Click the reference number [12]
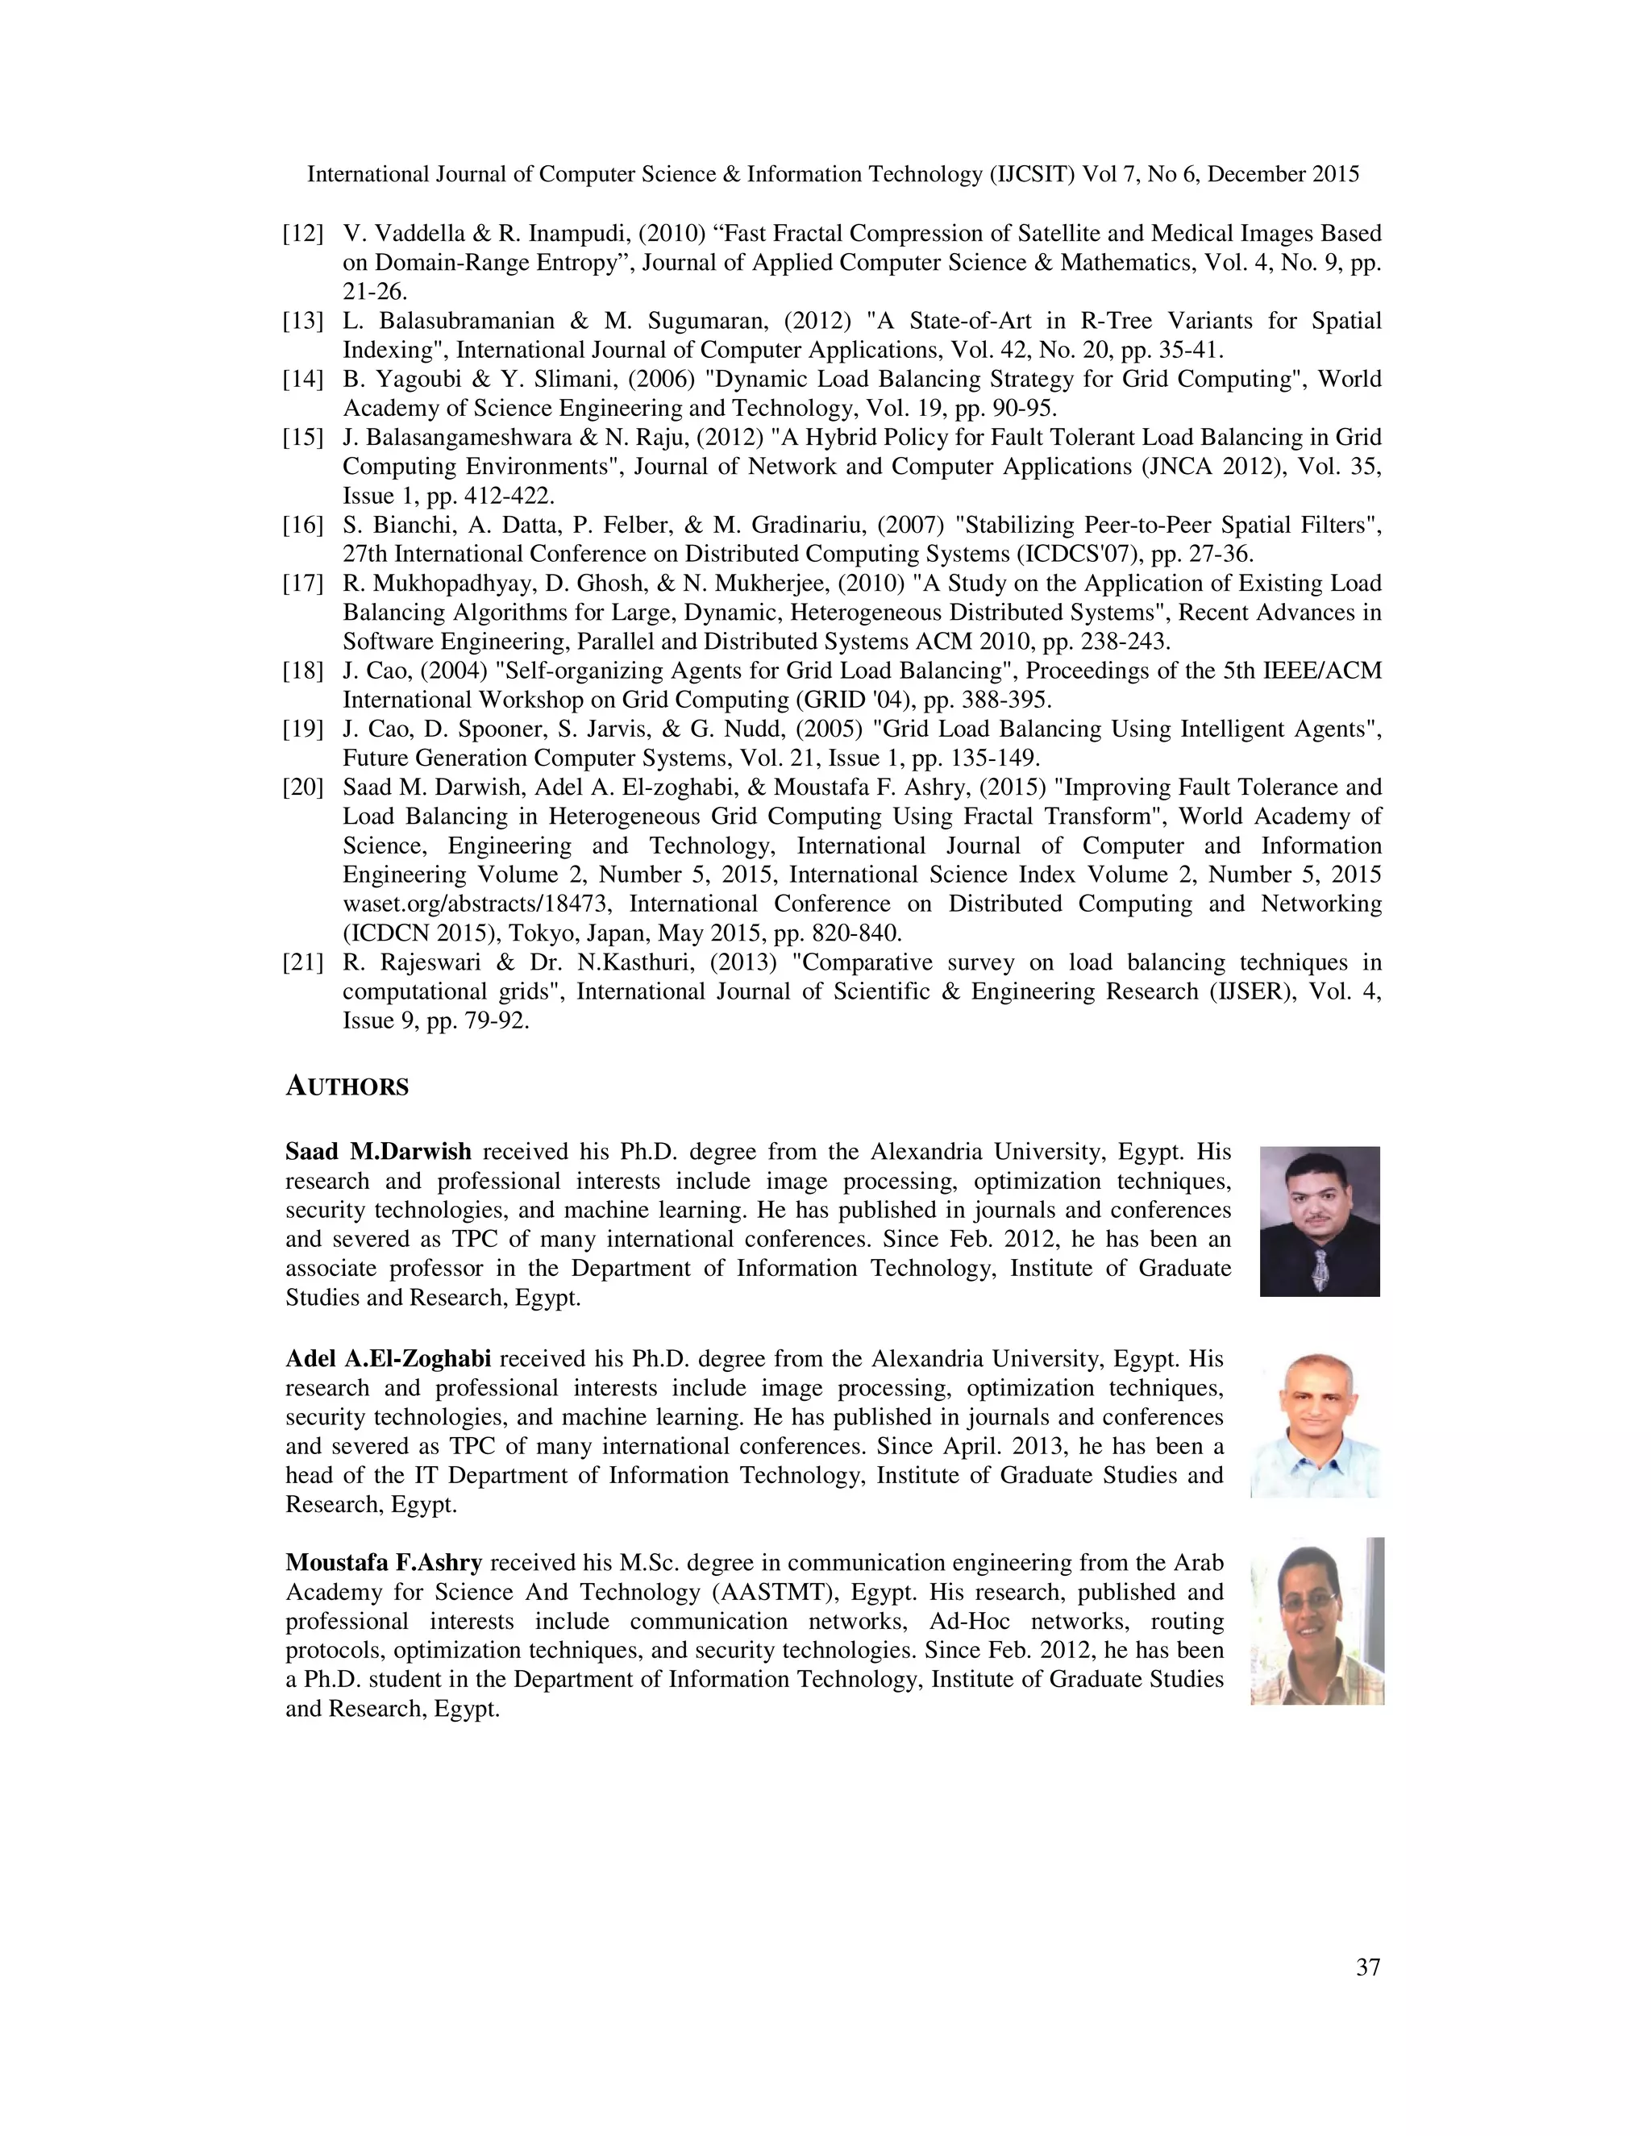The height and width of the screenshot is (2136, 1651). click(303, 234)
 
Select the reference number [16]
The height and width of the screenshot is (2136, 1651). click(303, 526)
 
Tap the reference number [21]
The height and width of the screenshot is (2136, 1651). click(303, 962)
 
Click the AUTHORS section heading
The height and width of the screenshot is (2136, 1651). click(347, 1087)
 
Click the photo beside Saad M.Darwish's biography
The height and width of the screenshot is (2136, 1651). click(1320, 1220)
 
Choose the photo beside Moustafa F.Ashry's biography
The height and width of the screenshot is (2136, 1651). click(1316, 1621)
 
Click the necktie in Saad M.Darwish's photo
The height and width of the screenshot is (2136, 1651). click(1320, 1270)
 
